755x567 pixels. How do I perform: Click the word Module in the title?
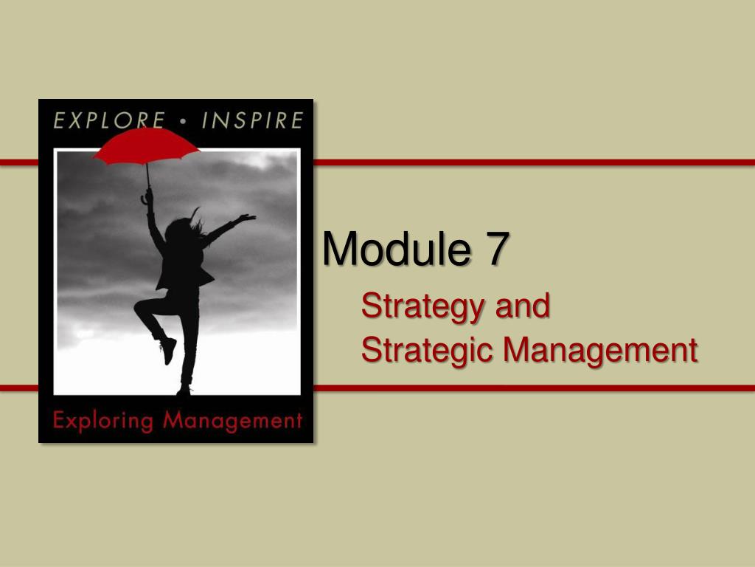tap(395, 250)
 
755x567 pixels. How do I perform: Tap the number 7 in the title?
tap(496, 250)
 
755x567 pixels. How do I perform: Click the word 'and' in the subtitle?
tap(522, 306)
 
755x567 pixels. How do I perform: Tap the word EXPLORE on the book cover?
tap(108, 120)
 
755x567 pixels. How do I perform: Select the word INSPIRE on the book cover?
tap(252, 120)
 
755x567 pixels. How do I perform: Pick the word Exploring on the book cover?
tap(102, 422)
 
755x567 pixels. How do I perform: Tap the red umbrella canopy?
tap(146, 145)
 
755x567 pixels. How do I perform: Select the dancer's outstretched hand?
tap(248, 218)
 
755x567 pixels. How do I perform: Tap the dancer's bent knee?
tap(139, 308)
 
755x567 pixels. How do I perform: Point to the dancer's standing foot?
tap(184, 389)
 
